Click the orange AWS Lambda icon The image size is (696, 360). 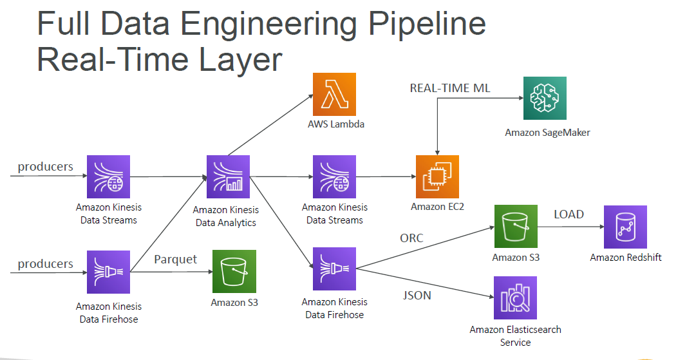pyautogui.click(x=334, y=94)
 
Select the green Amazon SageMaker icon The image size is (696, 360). pyautogui.click(x=545, y=99)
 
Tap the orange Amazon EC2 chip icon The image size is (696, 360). pyautogui.click(x=437, y=176)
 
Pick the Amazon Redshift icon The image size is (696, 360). pyautogui.click(x=625, y=227)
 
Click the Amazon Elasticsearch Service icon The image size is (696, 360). pyautogui.click(x=515, y=298)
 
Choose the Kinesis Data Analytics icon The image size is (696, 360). pyautogui.click(x=227, y=176)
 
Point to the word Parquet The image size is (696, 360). pyautogui.click(x=175, y=259)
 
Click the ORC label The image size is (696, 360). pyautogui.click(x=411, y=238)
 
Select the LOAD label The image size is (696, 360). pyautogui.click(x=569, y=214)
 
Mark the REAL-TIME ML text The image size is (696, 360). pyautogui.click(x=450, y=88)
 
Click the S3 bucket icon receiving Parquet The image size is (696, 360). pyautogui.click(x=234, y=272)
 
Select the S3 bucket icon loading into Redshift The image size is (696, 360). pyautogui.click(x=515, y=227)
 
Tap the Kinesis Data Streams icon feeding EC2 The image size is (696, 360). pyautogui.click(x=334, y=176)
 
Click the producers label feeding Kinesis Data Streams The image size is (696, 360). pyautogui.click(x=45, y=167)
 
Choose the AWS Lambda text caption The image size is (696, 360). pyautogui.click(x=335, y=124)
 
